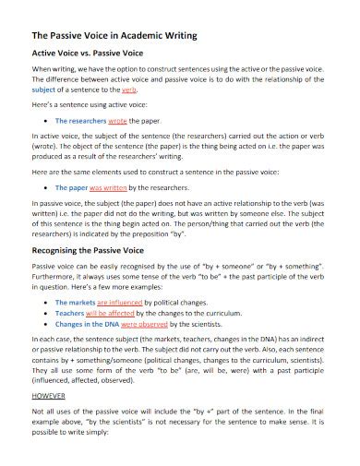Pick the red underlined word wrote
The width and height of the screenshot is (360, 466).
tap(118, 120)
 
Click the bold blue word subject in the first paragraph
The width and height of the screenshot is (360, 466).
tap(43, 92)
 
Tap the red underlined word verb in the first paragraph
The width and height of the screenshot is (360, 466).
tap(129, 92)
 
